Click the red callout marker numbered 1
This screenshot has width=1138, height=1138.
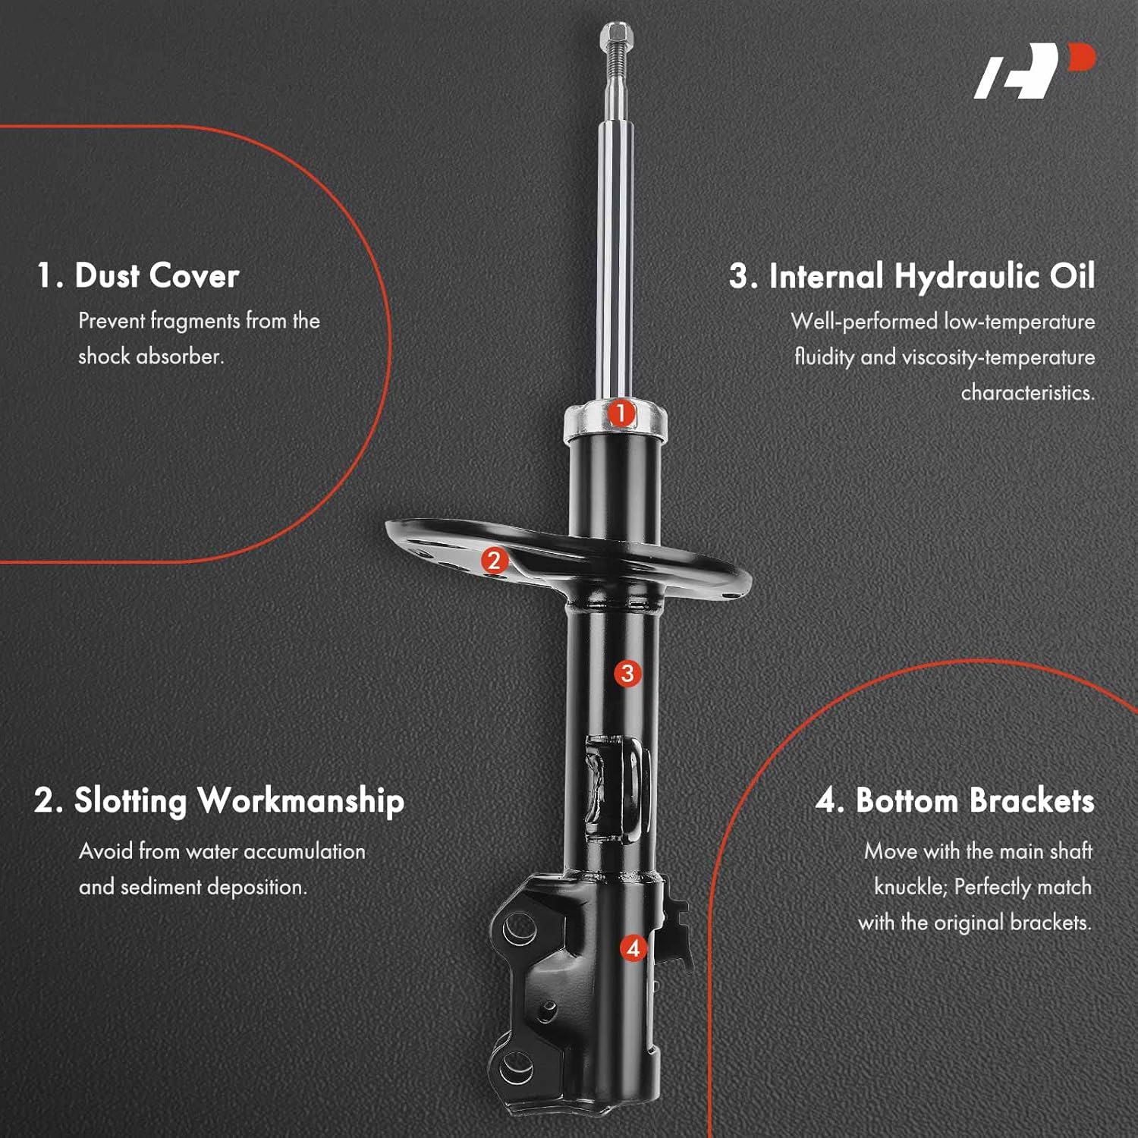click(621, 413)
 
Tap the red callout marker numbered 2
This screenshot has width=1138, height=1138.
click(495, 561)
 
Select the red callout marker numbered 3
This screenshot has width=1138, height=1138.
click(627, 673)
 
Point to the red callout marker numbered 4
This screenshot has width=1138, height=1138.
click(633, 948)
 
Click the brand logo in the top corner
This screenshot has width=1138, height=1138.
click(1035, 71)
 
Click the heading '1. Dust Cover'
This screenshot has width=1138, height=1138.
click(138, 275)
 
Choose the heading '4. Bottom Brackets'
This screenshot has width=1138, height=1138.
click(955, 801)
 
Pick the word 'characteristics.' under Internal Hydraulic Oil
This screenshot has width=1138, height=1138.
click(1028, 393)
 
